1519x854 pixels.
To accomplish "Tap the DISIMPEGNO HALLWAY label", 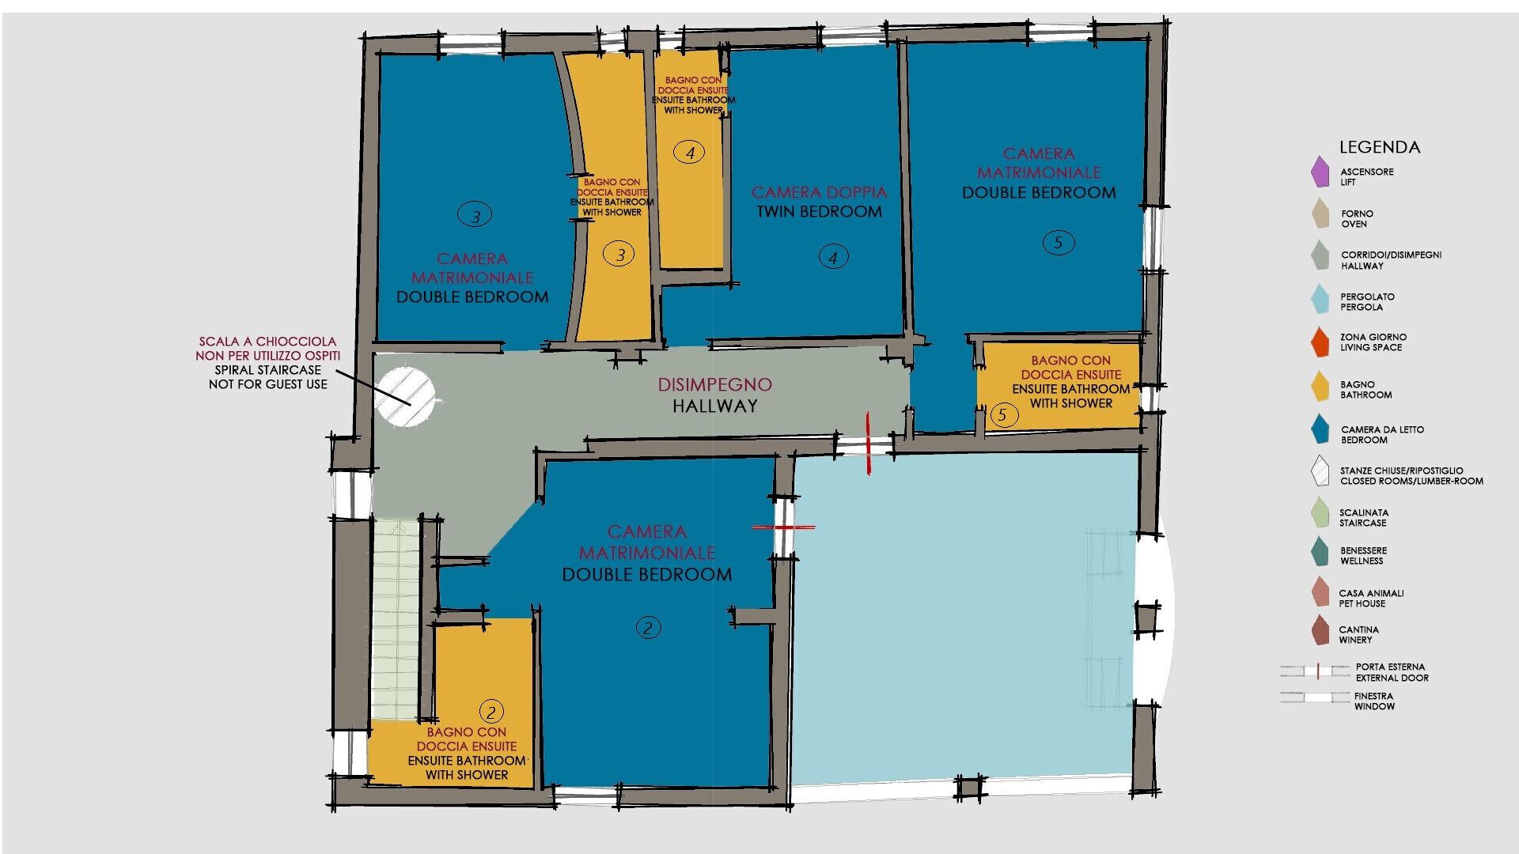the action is [715, 395].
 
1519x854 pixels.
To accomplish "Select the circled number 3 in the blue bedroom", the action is [475, 215].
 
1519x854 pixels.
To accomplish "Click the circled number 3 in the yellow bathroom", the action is [619, 255].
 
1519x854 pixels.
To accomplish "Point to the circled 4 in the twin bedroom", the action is [832, 257].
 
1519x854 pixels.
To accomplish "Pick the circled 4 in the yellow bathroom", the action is [690, 153].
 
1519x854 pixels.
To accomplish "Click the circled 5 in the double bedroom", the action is [1058, 243].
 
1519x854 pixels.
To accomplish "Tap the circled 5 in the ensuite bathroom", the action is [1003, 414].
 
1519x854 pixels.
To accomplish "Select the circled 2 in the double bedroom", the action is [648, 629].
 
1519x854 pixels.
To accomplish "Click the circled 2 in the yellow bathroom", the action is [491, 712].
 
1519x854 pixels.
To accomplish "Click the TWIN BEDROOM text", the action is [819, 212].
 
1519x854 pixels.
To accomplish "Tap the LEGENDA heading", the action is [1380, 147].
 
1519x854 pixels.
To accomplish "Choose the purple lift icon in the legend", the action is [1320, 172].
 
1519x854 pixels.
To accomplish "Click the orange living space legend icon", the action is [1320, 342].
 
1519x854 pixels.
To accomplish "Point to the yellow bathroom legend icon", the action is [1320, 387].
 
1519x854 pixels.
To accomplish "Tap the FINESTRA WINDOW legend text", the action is [1374, 701].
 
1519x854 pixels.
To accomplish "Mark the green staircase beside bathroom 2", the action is [395, 619].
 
